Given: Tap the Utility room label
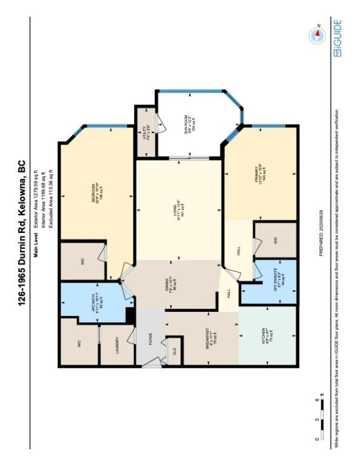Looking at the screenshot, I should pyautogui.click(x=146, y=132).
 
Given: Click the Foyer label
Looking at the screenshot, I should pyautogui.click(x=149, y=339).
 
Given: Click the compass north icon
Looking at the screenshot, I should pyautogui.click(x=317, y=36).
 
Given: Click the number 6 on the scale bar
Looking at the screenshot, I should pyautogui.click(x=317, y=400).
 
